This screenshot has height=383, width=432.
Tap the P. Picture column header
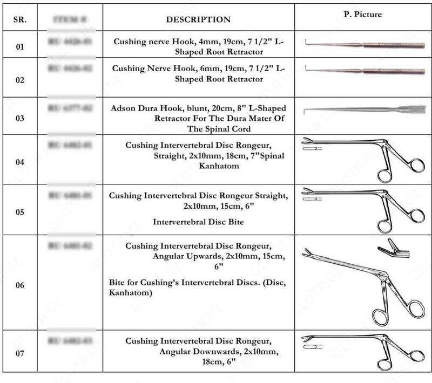coord(363,15)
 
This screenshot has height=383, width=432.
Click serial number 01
coord(19,47)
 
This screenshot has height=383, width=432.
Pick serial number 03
coord(19,116)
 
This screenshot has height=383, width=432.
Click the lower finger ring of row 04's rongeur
coord(386,175)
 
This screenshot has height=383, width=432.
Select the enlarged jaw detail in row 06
coord(393,248)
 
